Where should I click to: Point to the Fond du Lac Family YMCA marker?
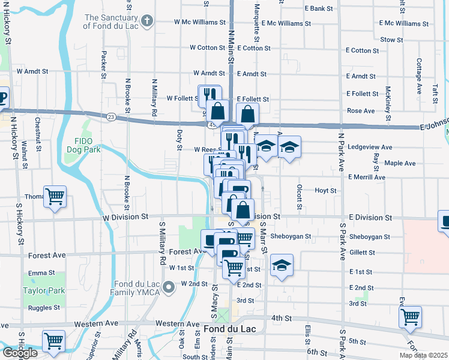[170, 287]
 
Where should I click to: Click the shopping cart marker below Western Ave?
[54, 341]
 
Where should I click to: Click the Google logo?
[20, 353]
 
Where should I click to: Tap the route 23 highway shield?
[112, 117]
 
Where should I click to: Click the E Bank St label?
[319, 8]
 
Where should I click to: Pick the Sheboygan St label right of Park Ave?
[370, 237]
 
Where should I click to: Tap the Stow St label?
[391, 40]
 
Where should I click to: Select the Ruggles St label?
[44, 308]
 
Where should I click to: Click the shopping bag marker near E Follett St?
[248, 113]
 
